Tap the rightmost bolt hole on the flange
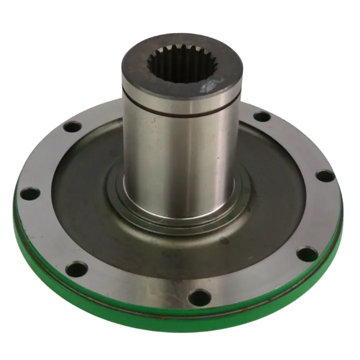click(324, 176)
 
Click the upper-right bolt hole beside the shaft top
click(261, 117)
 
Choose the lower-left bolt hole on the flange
click(76, 270)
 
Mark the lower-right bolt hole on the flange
click(306, 255)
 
